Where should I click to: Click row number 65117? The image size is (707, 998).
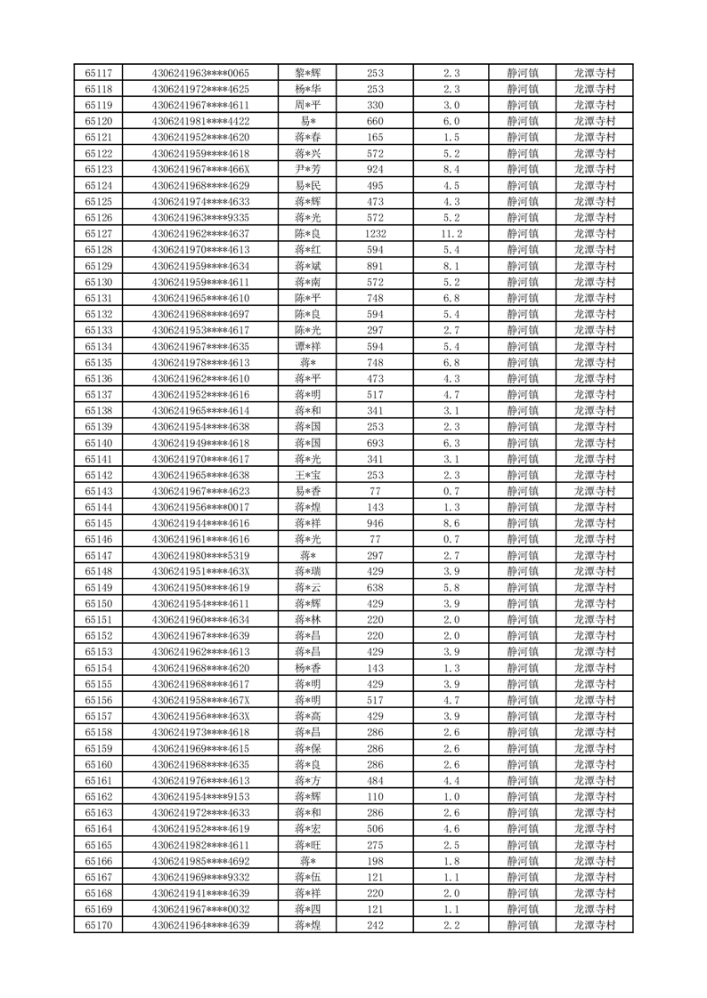click(98, 73)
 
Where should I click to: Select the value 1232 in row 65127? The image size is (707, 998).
click(375, 234)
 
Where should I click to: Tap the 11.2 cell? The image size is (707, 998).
click(451, 234)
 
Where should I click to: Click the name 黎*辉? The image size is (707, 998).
click(308, 73)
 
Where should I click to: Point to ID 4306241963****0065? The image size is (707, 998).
click(200, 73)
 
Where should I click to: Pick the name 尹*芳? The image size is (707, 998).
click(308, 170)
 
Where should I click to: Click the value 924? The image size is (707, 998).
click(375, 170)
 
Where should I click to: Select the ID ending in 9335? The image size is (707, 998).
click(200, 218)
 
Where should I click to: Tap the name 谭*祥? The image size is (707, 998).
click(308, 347)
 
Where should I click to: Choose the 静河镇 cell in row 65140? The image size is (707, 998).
click(522, 443)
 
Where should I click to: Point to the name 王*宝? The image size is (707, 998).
click(308, 475)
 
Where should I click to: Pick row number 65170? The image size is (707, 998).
click(98, 926)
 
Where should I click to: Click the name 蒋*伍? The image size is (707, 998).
click(308, 877)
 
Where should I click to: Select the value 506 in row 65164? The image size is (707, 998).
click(375, 829)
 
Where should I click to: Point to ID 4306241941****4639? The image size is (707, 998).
click(200, 893)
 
